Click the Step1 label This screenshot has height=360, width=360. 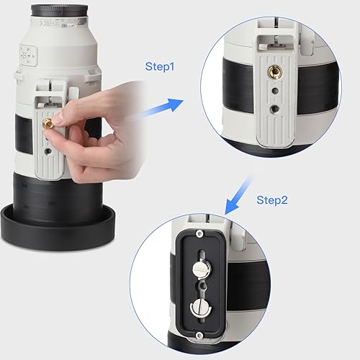coord(160,67)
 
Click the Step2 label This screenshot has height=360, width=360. coord(272,200)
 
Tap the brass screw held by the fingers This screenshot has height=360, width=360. coord(46,123)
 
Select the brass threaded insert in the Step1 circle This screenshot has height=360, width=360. coord(274,71)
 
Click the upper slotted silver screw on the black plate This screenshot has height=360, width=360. coord(202,269)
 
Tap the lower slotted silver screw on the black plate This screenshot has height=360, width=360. coord(201,307)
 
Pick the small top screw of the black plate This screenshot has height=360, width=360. coord(199,233)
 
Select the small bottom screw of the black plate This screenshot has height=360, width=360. coord(199,336)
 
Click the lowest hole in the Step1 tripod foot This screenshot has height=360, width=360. coord(274,109)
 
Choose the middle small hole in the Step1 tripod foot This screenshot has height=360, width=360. coord(275,91)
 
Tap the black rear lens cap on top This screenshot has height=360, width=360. coord(59,11)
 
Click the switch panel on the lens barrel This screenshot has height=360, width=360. coord(29,55)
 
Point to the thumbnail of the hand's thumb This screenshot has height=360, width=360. coord(58,118)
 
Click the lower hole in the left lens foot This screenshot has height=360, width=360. coord(48,152)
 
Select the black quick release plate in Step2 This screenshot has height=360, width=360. coord(201,284)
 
